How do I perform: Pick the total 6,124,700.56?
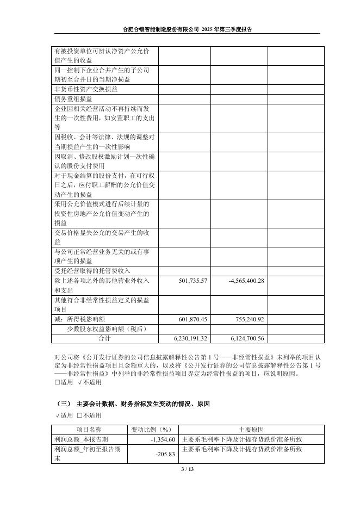tap(244, 338)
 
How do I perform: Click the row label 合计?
tap(104, 338)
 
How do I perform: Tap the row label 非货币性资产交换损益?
tap(85, 89)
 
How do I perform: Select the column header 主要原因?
tap(251, 430)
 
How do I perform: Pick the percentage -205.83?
tap(165, 454)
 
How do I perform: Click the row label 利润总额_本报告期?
tap(81, 439)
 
